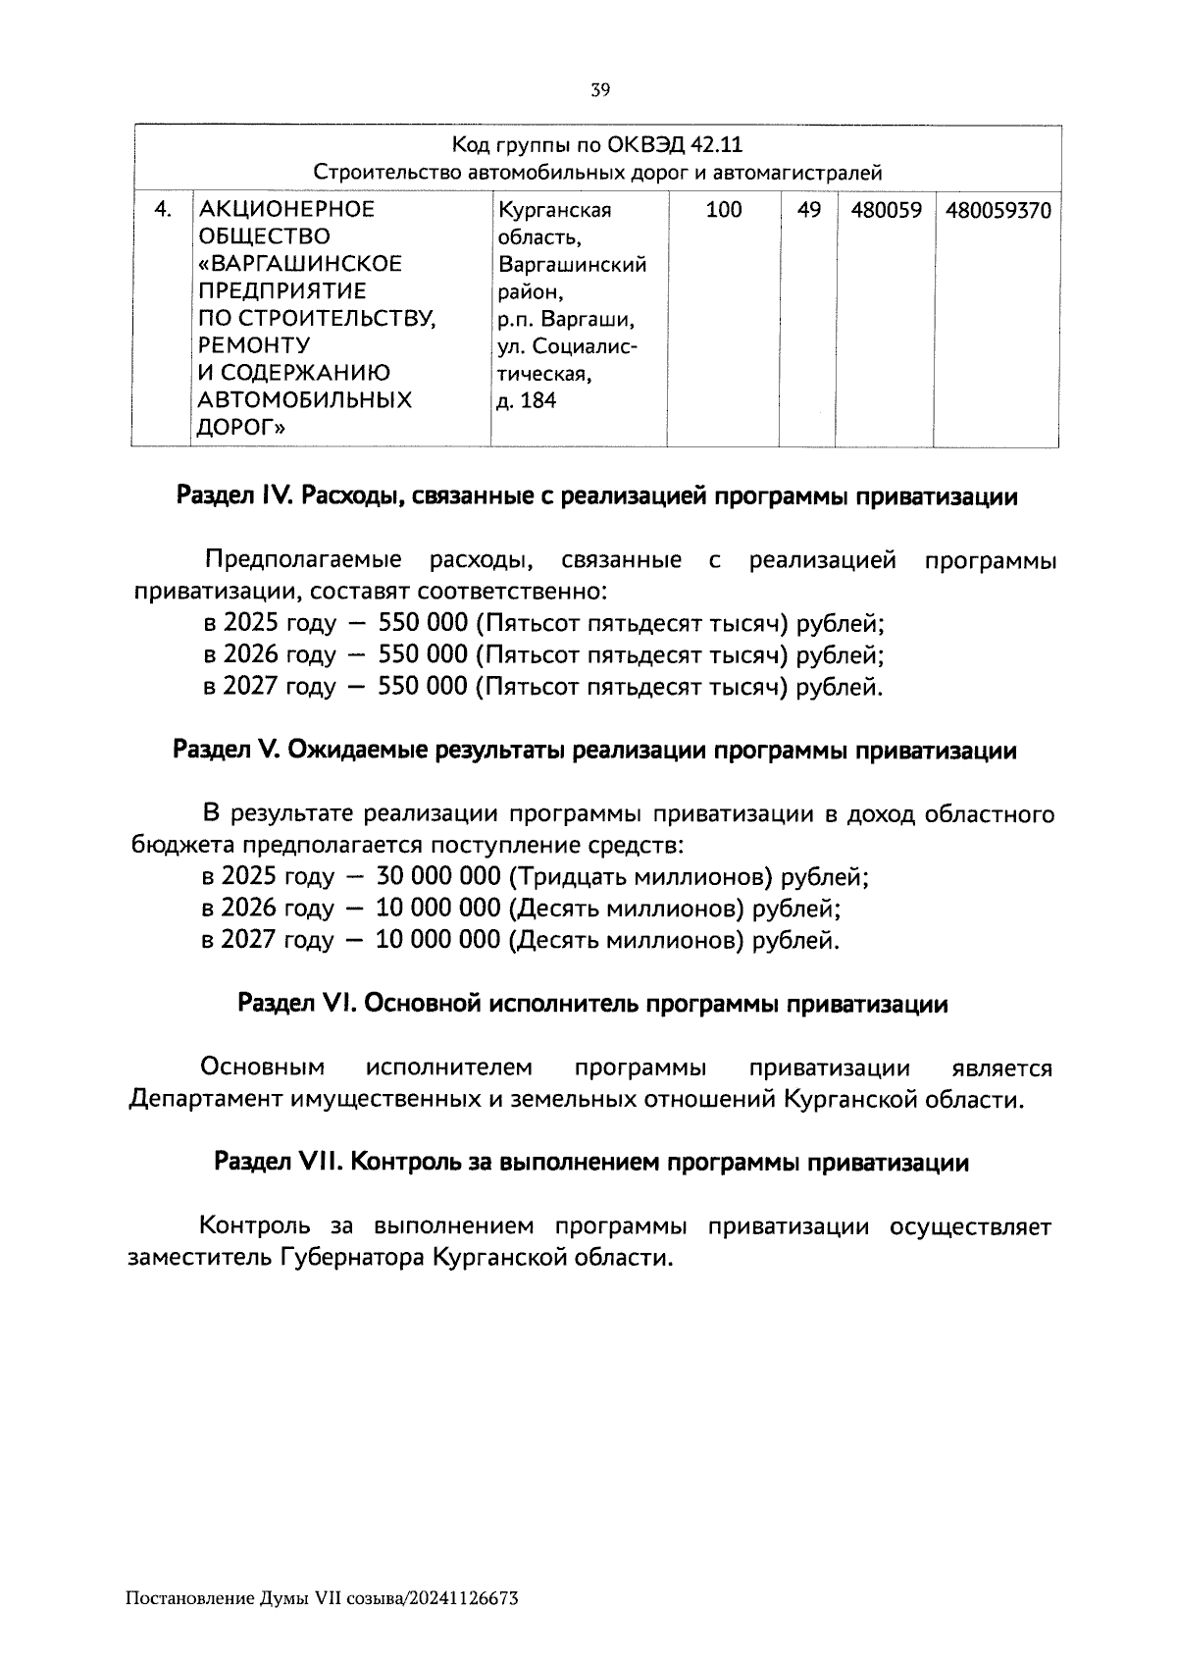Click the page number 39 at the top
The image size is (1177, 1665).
(600, 90)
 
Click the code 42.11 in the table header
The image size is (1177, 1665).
(716, 146)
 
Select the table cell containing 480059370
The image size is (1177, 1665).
(997, 210)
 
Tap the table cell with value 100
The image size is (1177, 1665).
(724, 210)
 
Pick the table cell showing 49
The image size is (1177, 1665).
(808, 210)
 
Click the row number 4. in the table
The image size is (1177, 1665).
(164, 210)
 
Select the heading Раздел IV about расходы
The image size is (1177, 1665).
(596, 497)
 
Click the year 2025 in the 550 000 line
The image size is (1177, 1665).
(250, 624)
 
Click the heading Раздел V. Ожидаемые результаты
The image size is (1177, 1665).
(594, 752)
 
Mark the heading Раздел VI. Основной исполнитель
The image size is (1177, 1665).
(592, 1004)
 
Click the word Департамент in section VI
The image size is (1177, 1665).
(206, 1100)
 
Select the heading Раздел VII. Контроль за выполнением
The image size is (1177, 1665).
(591, 1163)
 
